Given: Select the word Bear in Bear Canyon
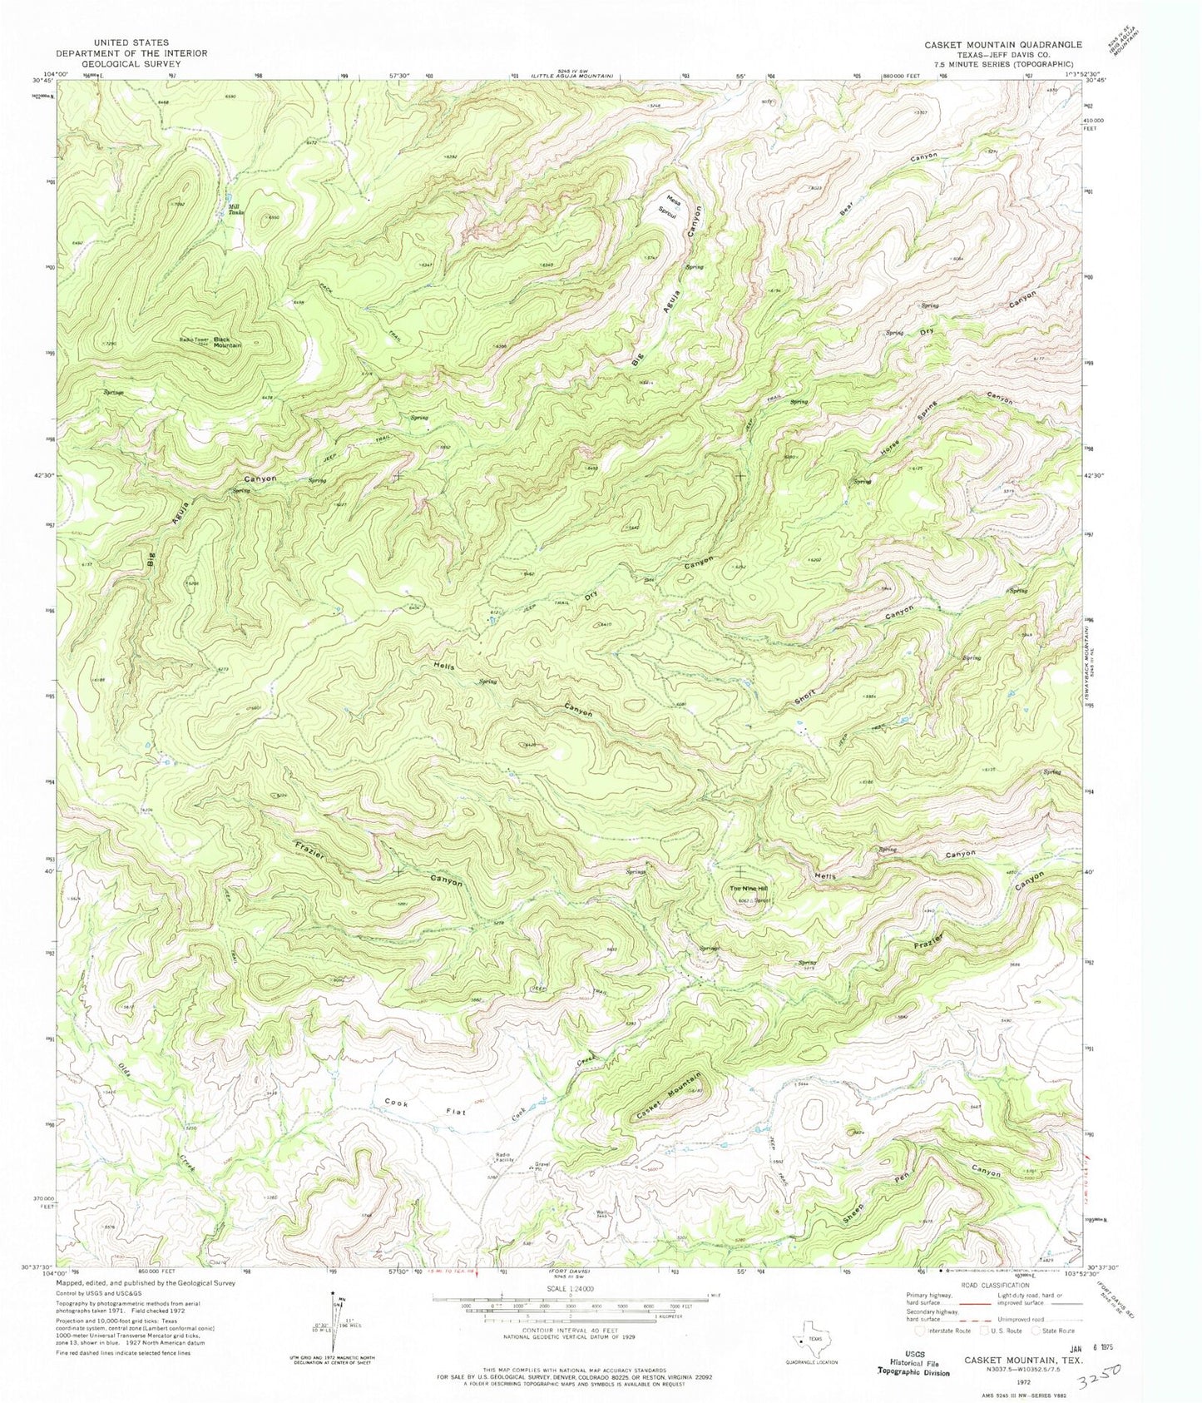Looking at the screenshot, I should (847, 208).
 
